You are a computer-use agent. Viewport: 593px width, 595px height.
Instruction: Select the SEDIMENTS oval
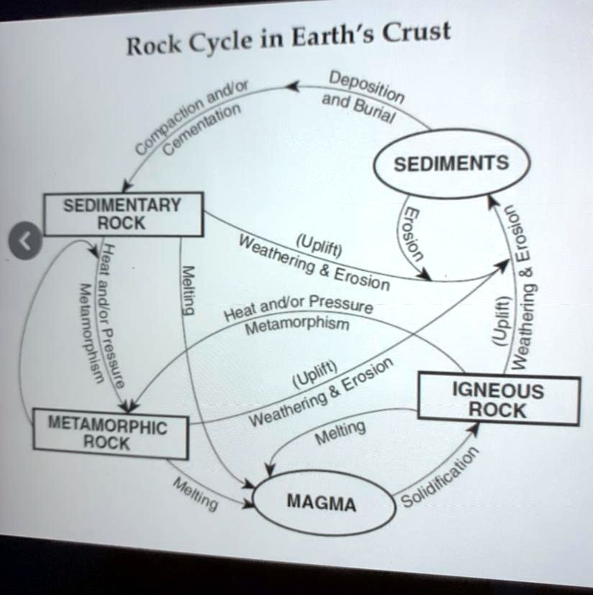(x=451, y=164)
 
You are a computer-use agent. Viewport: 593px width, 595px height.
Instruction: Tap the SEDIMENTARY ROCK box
(x=122, y=214)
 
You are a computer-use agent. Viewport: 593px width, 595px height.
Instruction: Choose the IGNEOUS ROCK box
(x=498, y=401)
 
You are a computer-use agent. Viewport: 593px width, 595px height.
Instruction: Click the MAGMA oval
(x=322, y=502)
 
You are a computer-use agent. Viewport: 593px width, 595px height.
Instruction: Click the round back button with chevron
(x=24, y=240)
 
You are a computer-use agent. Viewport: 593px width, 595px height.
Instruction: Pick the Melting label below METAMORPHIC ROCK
(x=194, y=494)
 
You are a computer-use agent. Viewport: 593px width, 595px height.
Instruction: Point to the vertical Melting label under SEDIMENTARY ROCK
(x=188, y=290)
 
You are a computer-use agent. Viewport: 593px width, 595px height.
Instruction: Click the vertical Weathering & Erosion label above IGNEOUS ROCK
(x=524, y=288)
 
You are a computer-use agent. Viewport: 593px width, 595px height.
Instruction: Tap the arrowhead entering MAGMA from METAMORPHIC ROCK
(x=249, y=503)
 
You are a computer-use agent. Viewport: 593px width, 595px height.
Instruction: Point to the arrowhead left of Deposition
(x=292, y=87)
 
